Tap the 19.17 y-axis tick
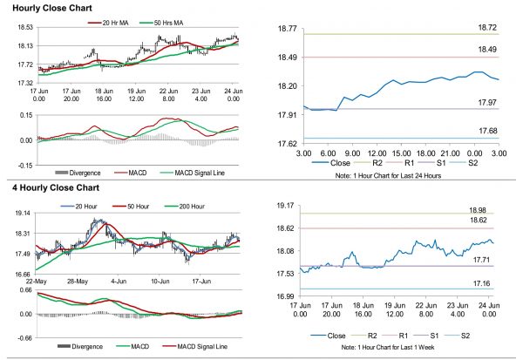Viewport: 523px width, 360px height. tap(286, 206)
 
